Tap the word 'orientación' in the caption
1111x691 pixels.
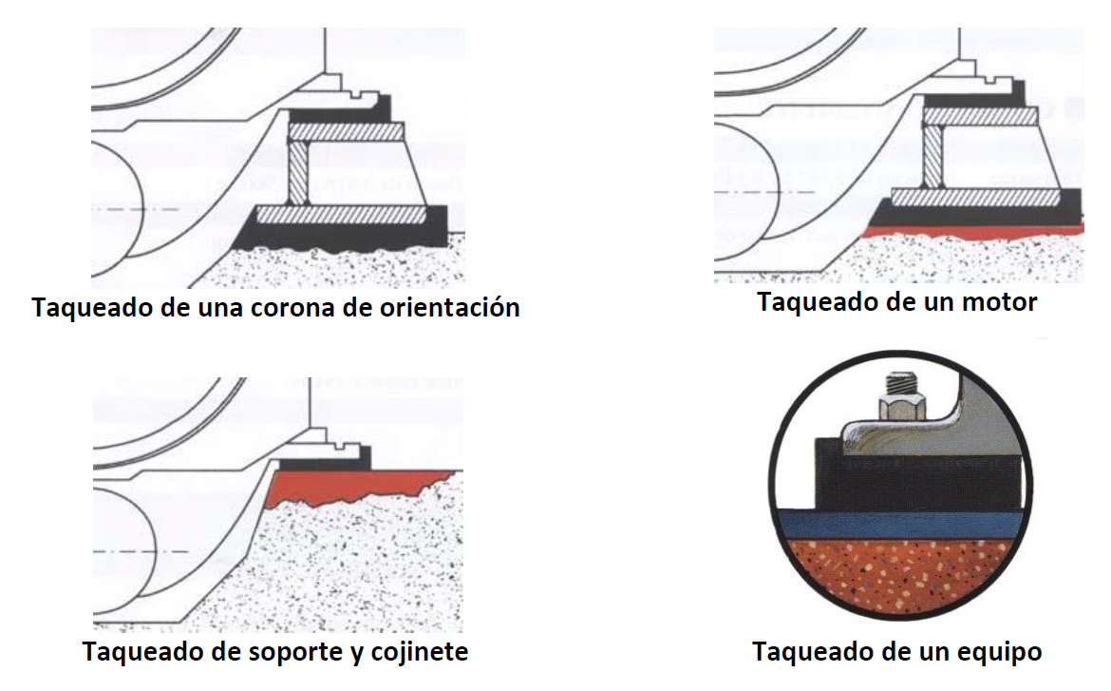point(449,307)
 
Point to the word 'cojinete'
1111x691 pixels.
point(420,650)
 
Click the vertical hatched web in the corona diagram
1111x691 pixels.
point(297,172)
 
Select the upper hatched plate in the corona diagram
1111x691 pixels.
point(346,131)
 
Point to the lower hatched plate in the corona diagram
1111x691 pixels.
point(342,214)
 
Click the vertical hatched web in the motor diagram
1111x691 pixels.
point(932,156)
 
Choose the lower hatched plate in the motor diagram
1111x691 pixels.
point(976,197)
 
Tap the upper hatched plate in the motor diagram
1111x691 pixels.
point(980,116)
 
